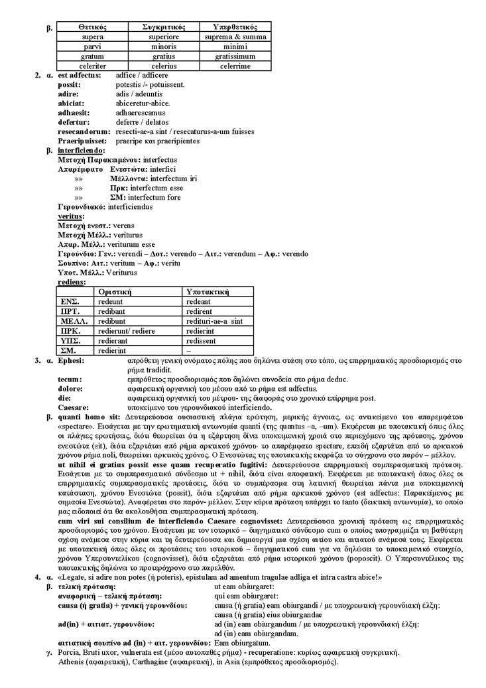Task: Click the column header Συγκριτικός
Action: point(163,27)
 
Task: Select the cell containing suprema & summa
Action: point(235,36)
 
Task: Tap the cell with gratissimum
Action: point(235,57)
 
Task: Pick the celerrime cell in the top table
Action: point(235,67)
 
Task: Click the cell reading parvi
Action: point(92,47)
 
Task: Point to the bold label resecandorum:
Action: point(84,131)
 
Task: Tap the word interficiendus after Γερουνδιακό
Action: point(130,206)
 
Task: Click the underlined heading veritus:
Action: point(70,216)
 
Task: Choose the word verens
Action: point(124,226)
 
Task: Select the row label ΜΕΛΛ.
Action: point(70,320)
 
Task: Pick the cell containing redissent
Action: point(204,340)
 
